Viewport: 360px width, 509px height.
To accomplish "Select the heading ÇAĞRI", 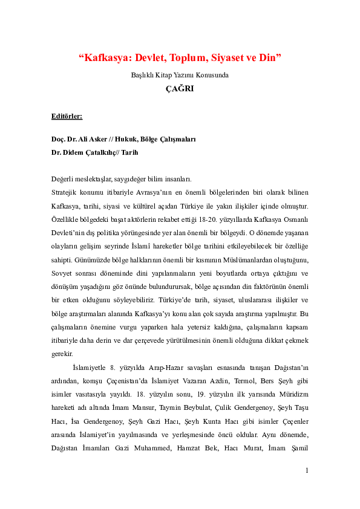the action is [x=180, y=88].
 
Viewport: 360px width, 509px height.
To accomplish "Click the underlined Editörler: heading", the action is [x=67, y=114].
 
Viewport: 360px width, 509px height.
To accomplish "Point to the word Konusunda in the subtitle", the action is [x=212, y=75].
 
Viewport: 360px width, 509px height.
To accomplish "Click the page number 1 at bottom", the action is [x=307, y=487].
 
